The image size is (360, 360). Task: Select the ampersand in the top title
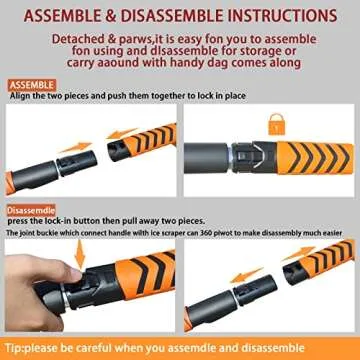coord(107,16)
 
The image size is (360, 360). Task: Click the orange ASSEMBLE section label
coord(32,84)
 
